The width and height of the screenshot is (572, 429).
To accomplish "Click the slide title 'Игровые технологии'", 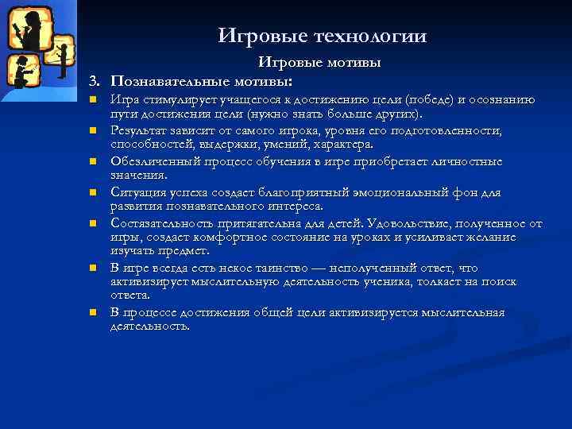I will [322, 37].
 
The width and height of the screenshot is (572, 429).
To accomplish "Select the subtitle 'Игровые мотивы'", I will [319, 62].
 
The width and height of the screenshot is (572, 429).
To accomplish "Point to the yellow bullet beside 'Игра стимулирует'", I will [93, 101].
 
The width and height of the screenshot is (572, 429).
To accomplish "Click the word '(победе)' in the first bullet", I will [429, 100].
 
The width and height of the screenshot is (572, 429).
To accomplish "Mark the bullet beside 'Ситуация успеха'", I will [93, 192].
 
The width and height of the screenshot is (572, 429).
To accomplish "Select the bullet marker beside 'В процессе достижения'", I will [93, 313].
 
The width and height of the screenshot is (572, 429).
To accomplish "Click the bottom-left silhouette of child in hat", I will [24, 71].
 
